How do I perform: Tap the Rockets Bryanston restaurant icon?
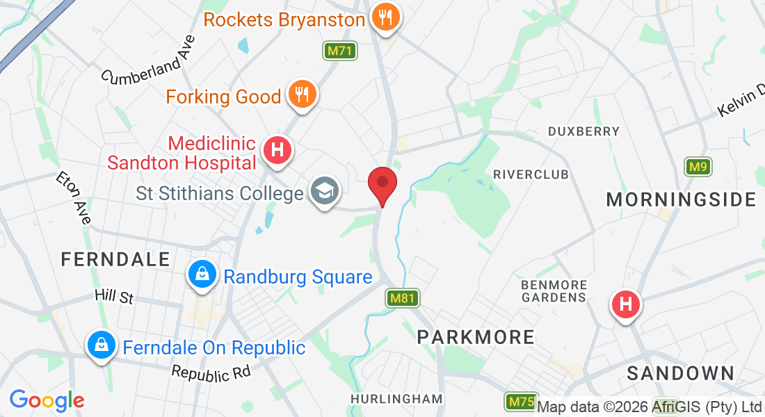click(384, 17)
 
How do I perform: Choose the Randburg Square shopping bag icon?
click(201, 276)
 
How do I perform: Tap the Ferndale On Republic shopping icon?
click(102, 345)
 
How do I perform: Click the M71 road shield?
click(340, 51)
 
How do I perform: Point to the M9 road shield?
click(698, 167)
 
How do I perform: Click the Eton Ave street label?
click(74, 198)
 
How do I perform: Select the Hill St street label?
click(114, 297)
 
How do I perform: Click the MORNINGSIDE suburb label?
click(681, 200)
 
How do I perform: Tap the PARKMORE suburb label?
click(476, 337)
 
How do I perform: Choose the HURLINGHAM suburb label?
click(396, 399)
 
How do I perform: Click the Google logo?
click(47, 400)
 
